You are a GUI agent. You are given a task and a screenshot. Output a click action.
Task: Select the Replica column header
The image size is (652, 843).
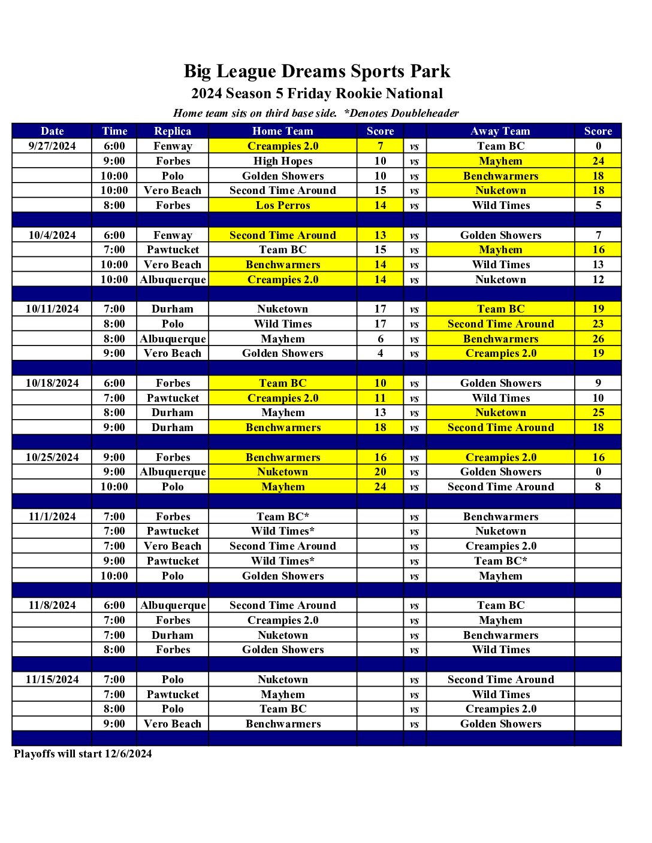pos(173,131)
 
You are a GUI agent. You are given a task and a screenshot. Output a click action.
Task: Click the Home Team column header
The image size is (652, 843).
pos(282,131)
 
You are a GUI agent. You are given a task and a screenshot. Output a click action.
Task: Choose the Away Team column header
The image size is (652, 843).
pos(500,131)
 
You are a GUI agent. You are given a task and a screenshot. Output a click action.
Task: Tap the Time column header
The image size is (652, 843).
pos(114,131)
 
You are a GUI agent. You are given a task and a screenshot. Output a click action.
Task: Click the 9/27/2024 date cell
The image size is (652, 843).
pos(52,146)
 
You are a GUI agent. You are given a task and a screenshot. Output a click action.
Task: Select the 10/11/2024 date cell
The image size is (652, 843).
pos(52,309)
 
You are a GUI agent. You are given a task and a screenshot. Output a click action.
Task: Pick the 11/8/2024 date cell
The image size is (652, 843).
pos(52,605)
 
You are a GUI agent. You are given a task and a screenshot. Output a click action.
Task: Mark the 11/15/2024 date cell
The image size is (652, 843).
pos(52,680)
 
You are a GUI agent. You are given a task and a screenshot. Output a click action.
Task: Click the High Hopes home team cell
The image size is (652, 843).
pos(283,161)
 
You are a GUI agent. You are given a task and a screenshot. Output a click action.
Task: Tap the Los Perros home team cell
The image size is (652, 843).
pos(283,205)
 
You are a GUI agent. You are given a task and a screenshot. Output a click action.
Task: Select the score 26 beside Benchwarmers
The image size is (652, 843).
pos(598,339)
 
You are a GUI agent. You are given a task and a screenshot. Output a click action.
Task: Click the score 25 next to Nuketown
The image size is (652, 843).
pos(598,413)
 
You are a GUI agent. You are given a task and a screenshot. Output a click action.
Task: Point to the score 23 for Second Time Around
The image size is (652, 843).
pos(598,324)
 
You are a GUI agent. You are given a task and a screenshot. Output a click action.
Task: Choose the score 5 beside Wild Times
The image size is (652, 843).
pos(598,205)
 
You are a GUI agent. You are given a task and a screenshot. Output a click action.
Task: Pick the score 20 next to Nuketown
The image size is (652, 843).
pos(381,472)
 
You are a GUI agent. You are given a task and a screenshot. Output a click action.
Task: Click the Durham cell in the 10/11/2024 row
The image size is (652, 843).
pos(173,309)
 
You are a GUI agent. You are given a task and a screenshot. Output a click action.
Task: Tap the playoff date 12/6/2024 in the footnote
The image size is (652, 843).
pos(128,754)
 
